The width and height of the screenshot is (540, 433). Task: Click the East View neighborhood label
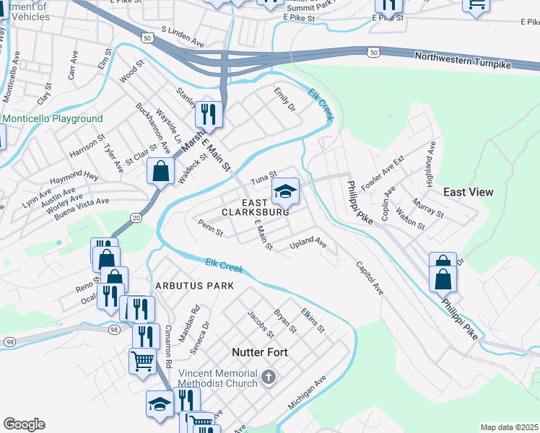[468, 192]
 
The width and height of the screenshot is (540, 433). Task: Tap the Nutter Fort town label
[260, 352]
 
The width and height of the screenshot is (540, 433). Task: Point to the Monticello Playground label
[52, 118]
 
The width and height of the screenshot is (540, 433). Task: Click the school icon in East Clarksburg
[285, 191]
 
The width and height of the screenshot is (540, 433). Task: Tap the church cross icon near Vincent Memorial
[268, 377]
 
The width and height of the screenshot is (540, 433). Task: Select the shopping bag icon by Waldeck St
[160, 172]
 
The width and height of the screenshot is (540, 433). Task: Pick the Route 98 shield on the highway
[114, 329]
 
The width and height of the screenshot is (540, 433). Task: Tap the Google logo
[24, 424]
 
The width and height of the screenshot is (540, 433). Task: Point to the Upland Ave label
[308, 243]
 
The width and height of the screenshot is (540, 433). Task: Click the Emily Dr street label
[285, 100]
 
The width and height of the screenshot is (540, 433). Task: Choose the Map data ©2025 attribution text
[509, 427]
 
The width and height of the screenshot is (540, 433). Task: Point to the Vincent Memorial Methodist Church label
[217, 378]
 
